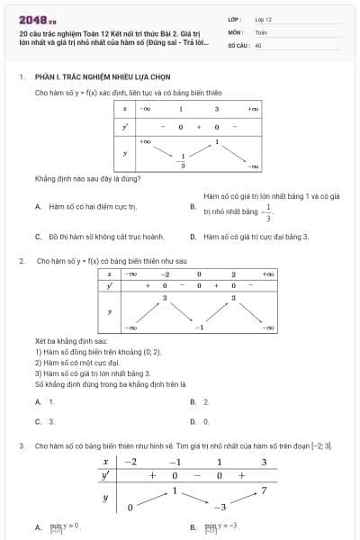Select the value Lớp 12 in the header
[x=263, y=18]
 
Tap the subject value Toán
[x=261, y=31]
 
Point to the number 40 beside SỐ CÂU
[x=258, y=44]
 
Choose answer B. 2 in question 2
[x=204, y=401]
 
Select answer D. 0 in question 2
[x=204, y=420]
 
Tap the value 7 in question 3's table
[x=264, y=490]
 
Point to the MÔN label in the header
[x=235, y=31]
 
